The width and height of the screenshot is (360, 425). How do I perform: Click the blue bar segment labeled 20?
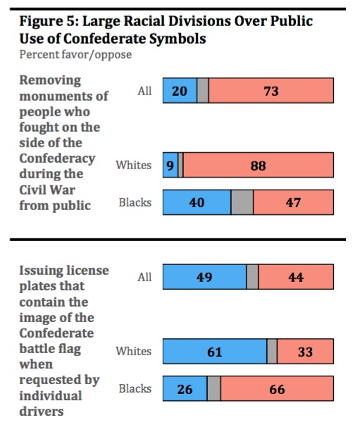pyautogui.click(x=180, y=90)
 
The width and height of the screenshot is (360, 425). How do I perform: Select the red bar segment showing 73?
pyautogui.click(x=271, y=90)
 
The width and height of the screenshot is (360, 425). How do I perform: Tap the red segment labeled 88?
pyautogui.click(x=259, y=165)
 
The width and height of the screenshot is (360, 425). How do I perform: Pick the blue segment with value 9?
pyautogui.click(x=170, y=165)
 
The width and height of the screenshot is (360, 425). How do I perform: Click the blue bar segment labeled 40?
pyautogui.click(x=197, y=202)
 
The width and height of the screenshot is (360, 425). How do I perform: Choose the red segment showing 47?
pyautogui.click(x=294, y=202)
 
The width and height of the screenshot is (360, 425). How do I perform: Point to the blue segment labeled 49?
pyautogui.click(x=204, y=277)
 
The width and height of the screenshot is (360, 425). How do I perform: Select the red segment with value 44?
pyautogui.click(x=296, y=277)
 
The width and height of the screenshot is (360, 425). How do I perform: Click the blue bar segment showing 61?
pyautogui.click(x=215, y=351)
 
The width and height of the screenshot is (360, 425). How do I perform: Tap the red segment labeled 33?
pyautogui.click(x=306, y=351)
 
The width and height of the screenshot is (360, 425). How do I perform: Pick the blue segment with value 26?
pyautogui.click(x=185, y=388)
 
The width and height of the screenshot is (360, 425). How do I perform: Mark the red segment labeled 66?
pyautogui.click(x=277, y=388)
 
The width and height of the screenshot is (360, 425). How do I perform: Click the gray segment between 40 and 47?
pyautogui.click(x=242, y=202)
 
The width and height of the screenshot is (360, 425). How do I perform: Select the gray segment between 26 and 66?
pyautogui.click(x=214, y=388)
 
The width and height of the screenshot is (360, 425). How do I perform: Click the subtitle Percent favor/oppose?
pyautogui.click(x=75, y=55)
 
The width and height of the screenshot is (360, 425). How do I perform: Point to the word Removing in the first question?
pyautogui.click(x=50, y=81)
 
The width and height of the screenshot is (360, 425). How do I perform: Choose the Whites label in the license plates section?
pyautogui.click(x=134, y=351)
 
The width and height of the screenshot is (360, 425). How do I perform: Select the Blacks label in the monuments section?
pyautogui.click(x=135, y=202)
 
